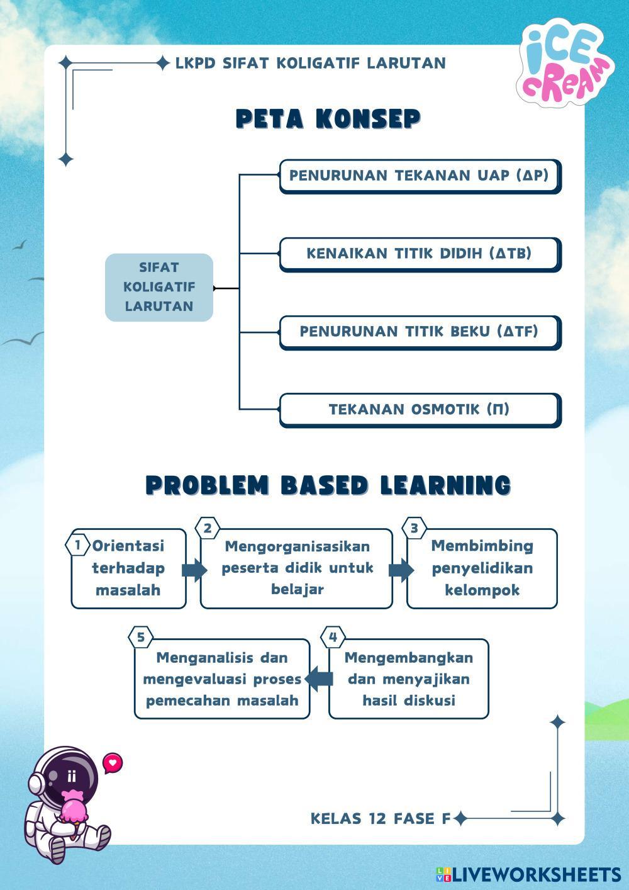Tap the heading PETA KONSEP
(x=328, y=119)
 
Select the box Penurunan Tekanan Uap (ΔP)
(x=419, y=176)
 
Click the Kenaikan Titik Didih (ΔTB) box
(x=419, y=254)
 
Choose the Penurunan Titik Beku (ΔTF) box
(x=419, y=332)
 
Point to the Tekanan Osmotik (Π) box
(x=419, y=410)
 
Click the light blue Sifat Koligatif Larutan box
(x=159, y=287)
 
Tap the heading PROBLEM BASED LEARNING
(x=328, y=485)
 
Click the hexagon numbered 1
(x=77, y=544)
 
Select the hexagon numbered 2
(x=208, y=528)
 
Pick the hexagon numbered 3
(x=414, y=528)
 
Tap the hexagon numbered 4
(x=333, y=637)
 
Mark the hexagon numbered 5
(x=140, y=637)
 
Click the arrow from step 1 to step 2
(x=194, y=570)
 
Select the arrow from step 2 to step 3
(x=400, y=570)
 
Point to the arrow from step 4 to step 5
(x=320, y=679)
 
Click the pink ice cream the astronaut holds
(x=74, y=808)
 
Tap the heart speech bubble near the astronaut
(x=113, y=763)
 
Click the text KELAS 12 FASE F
(x=381, y=818)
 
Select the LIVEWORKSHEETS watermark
(x=528, y=874)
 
